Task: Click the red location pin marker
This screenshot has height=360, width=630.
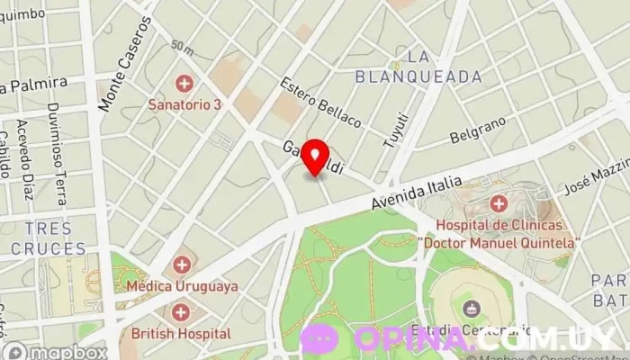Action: tap(314, 157)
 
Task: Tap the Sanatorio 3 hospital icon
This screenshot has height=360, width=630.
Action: tap(185, 85)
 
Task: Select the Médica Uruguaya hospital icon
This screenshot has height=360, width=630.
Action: tap(182, 265)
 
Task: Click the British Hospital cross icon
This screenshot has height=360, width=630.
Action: tap(182, 312)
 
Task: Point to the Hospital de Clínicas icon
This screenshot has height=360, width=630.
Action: tap(499, 204)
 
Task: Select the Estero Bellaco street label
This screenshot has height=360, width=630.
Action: tap(320, 102)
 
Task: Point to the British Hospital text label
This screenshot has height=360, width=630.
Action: tap(181, 333)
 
